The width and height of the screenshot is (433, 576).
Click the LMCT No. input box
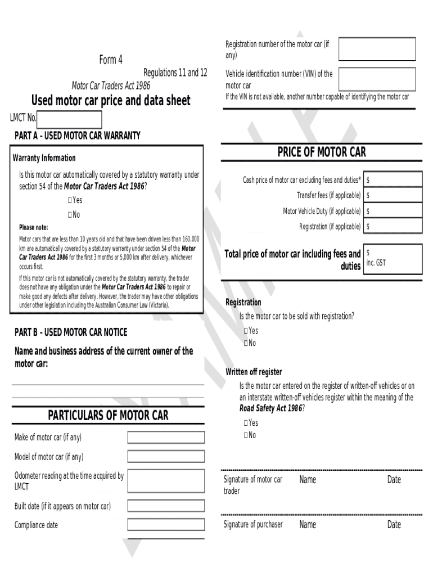click(x=69, y=119)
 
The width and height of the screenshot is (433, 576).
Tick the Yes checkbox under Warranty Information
click(x=70, y=200)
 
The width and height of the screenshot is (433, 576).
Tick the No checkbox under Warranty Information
click(x=70, y=215)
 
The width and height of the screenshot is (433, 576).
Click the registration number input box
click(x=377, y=49)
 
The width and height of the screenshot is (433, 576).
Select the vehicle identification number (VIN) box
click(x=377, y=79)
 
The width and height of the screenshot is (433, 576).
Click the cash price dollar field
click(x=393, y=179)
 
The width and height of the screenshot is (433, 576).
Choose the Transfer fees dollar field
click(x=393, y=195)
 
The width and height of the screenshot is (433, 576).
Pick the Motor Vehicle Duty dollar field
click(x=393, y=211)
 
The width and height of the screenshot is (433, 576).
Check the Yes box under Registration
click(x=246, y=331)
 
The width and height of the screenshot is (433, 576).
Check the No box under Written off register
click(x=246, y=435)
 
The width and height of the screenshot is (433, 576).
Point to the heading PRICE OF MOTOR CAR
click(x=322, y=152)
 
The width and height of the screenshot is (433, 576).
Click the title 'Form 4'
click(x=111, y=60)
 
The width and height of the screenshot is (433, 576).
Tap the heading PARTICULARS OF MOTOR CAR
click(x=108, y=416)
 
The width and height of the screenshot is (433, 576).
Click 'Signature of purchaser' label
click(x=253, y=525)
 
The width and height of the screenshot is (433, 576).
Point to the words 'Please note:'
click(x=34, y=228)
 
